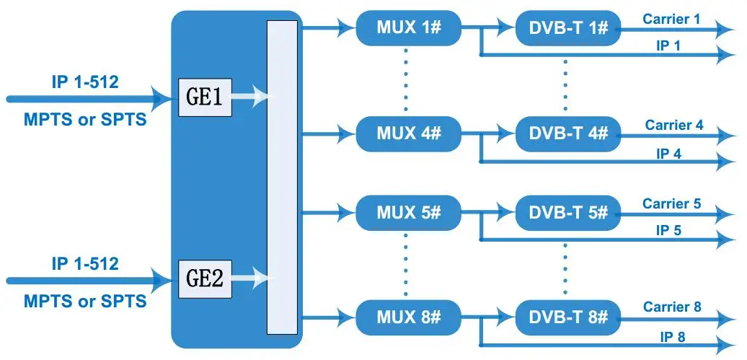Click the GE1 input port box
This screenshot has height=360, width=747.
pyautogui.click(x=205, y=98)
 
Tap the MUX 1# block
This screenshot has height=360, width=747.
pyautogui.click(x=408, y=29)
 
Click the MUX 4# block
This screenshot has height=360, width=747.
pyautogui.click(x=408, y=134)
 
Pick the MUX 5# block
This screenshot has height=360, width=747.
pyautogui.click(x=408, y=213)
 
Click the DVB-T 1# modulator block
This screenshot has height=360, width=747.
pyautogui.click(x=568, y=29)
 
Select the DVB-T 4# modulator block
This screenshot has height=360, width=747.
pyautogui.click(x=568, y=134)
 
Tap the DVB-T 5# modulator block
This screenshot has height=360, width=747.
pyautogui.click(x=568, y=213)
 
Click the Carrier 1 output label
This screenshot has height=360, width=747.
pyautogui.click(x=671, y=19)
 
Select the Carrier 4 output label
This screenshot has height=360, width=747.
pyautogui.click(x=674, y=125)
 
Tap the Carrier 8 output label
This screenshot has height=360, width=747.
pyautogui.click(x=671, y=307)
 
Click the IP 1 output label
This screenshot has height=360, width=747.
pyautogui.click(x=668, y=45)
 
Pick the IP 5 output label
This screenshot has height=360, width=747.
pyautogui.click(x=668, y=230)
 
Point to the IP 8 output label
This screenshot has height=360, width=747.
pyautogui.click(x=671, y=335)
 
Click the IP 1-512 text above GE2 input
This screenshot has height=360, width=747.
pyautogui.click(x=85, y=263)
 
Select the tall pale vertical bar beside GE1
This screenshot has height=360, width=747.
pyautogui.click(x=282, y=177)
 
